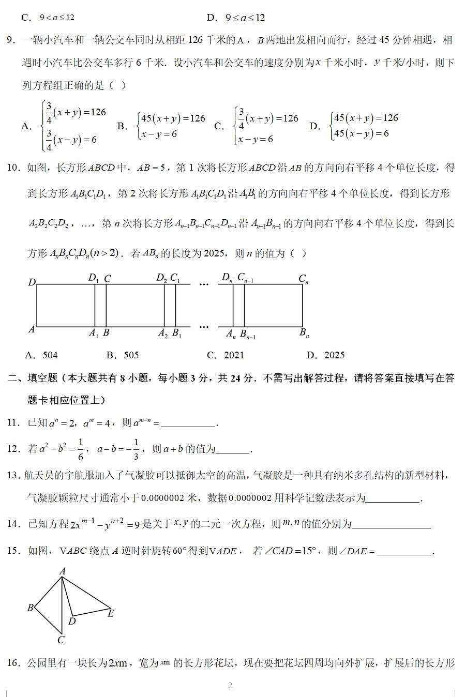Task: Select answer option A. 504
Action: [41, 355]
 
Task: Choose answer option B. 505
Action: [123, 355]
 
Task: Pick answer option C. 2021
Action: [225, 355]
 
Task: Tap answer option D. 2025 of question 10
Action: [325, 355]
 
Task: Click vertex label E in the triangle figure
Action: [111, 614]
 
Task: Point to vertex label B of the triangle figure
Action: [31, 608]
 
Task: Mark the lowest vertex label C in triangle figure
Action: [61, 640]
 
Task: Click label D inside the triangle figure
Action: [72, 621]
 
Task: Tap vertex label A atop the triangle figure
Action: [63, 571]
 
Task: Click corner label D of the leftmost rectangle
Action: [32, 282]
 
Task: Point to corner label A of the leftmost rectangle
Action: [32, 329]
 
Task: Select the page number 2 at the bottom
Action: [230, 686]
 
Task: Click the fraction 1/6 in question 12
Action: [80, 448]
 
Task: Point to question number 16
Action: [13, 663]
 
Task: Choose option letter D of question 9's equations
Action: [314, 126]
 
